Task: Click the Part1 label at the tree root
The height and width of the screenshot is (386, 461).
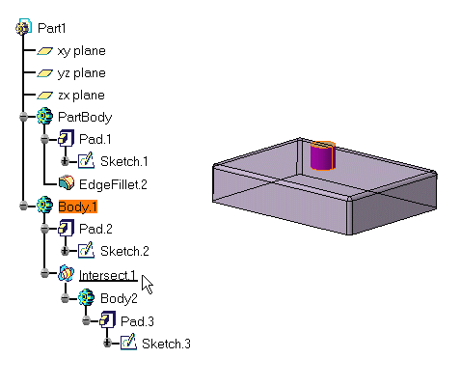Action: tap(52, 28)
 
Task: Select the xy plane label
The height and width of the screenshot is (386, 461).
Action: tap(81, 51)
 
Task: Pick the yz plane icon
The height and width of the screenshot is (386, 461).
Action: tap(44, 73)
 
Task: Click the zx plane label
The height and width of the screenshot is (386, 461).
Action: tap(81, 96)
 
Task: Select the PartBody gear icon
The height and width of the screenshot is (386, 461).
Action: tap(44, 116)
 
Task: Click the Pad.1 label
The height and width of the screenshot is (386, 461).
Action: tap(95, 139)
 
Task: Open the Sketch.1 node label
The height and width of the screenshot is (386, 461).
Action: tap(124, 161)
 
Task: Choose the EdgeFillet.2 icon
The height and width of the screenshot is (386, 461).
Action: tap(67, 183)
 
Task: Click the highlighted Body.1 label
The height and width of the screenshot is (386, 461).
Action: tap(78, 207)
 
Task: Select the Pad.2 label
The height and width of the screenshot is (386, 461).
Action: tap(95, 229)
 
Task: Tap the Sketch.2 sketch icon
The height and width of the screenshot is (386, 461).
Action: tap(86, 250)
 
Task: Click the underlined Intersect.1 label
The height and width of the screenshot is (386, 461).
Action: tap(108, 276)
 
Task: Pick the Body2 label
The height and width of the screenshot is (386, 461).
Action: tap(119, 298)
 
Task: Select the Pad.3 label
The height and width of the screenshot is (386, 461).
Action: tap(137, 321)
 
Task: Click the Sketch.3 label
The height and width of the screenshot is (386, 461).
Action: tap(166, 344)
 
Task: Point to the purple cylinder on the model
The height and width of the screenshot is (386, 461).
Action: tap(323, 155)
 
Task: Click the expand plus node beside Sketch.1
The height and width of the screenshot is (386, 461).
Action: tap(65, 161)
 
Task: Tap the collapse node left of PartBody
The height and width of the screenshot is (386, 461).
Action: tap(23, 117)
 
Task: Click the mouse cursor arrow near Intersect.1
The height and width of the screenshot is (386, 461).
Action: tap(147, 284)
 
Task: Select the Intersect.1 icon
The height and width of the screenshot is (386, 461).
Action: tap(67, 273)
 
